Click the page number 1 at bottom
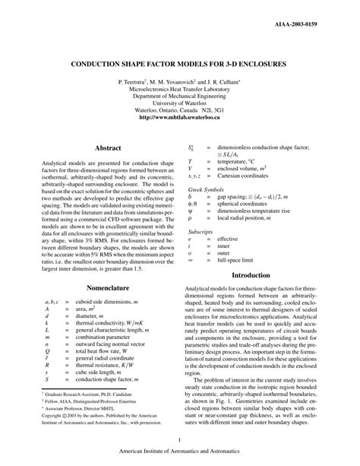coord(179,439)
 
